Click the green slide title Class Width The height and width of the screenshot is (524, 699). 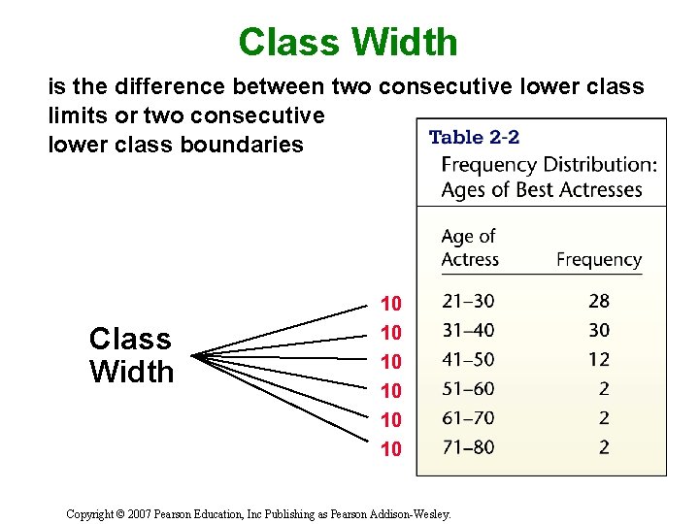(348, 42)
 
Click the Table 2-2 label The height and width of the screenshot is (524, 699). (475, 138)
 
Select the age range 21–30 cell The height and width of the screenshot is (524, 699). (468, 302)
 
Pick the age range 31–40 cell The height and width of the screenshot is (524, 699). (468, 331)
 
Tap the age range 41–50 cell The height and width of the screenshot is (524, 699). (468, 360)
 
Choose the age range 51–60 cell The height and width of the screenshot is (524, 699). (468, 389)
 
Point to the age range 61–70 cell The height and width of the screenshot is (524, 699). (468, 418)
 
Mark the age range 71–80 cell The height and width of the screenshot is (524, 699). (468, 447)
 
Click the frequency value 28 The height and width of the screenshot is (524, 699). (599, 302)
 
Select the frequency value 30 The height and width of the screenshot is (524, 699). (599, 331)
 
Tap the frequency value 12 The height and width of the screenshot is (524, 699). (599, 360)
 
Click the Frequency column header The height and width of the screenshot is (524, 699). (599, 260)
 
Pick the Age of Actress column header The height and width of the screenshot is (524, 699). (470, 248)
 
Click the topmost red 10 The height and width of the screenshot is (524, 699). (391, 303)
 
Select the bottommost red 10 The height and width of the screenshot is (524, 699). (391, 448)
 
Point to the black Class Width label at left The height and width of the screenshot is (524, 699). (131, 355)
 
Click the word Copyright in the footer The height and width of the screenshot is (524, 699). (92, 514)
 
